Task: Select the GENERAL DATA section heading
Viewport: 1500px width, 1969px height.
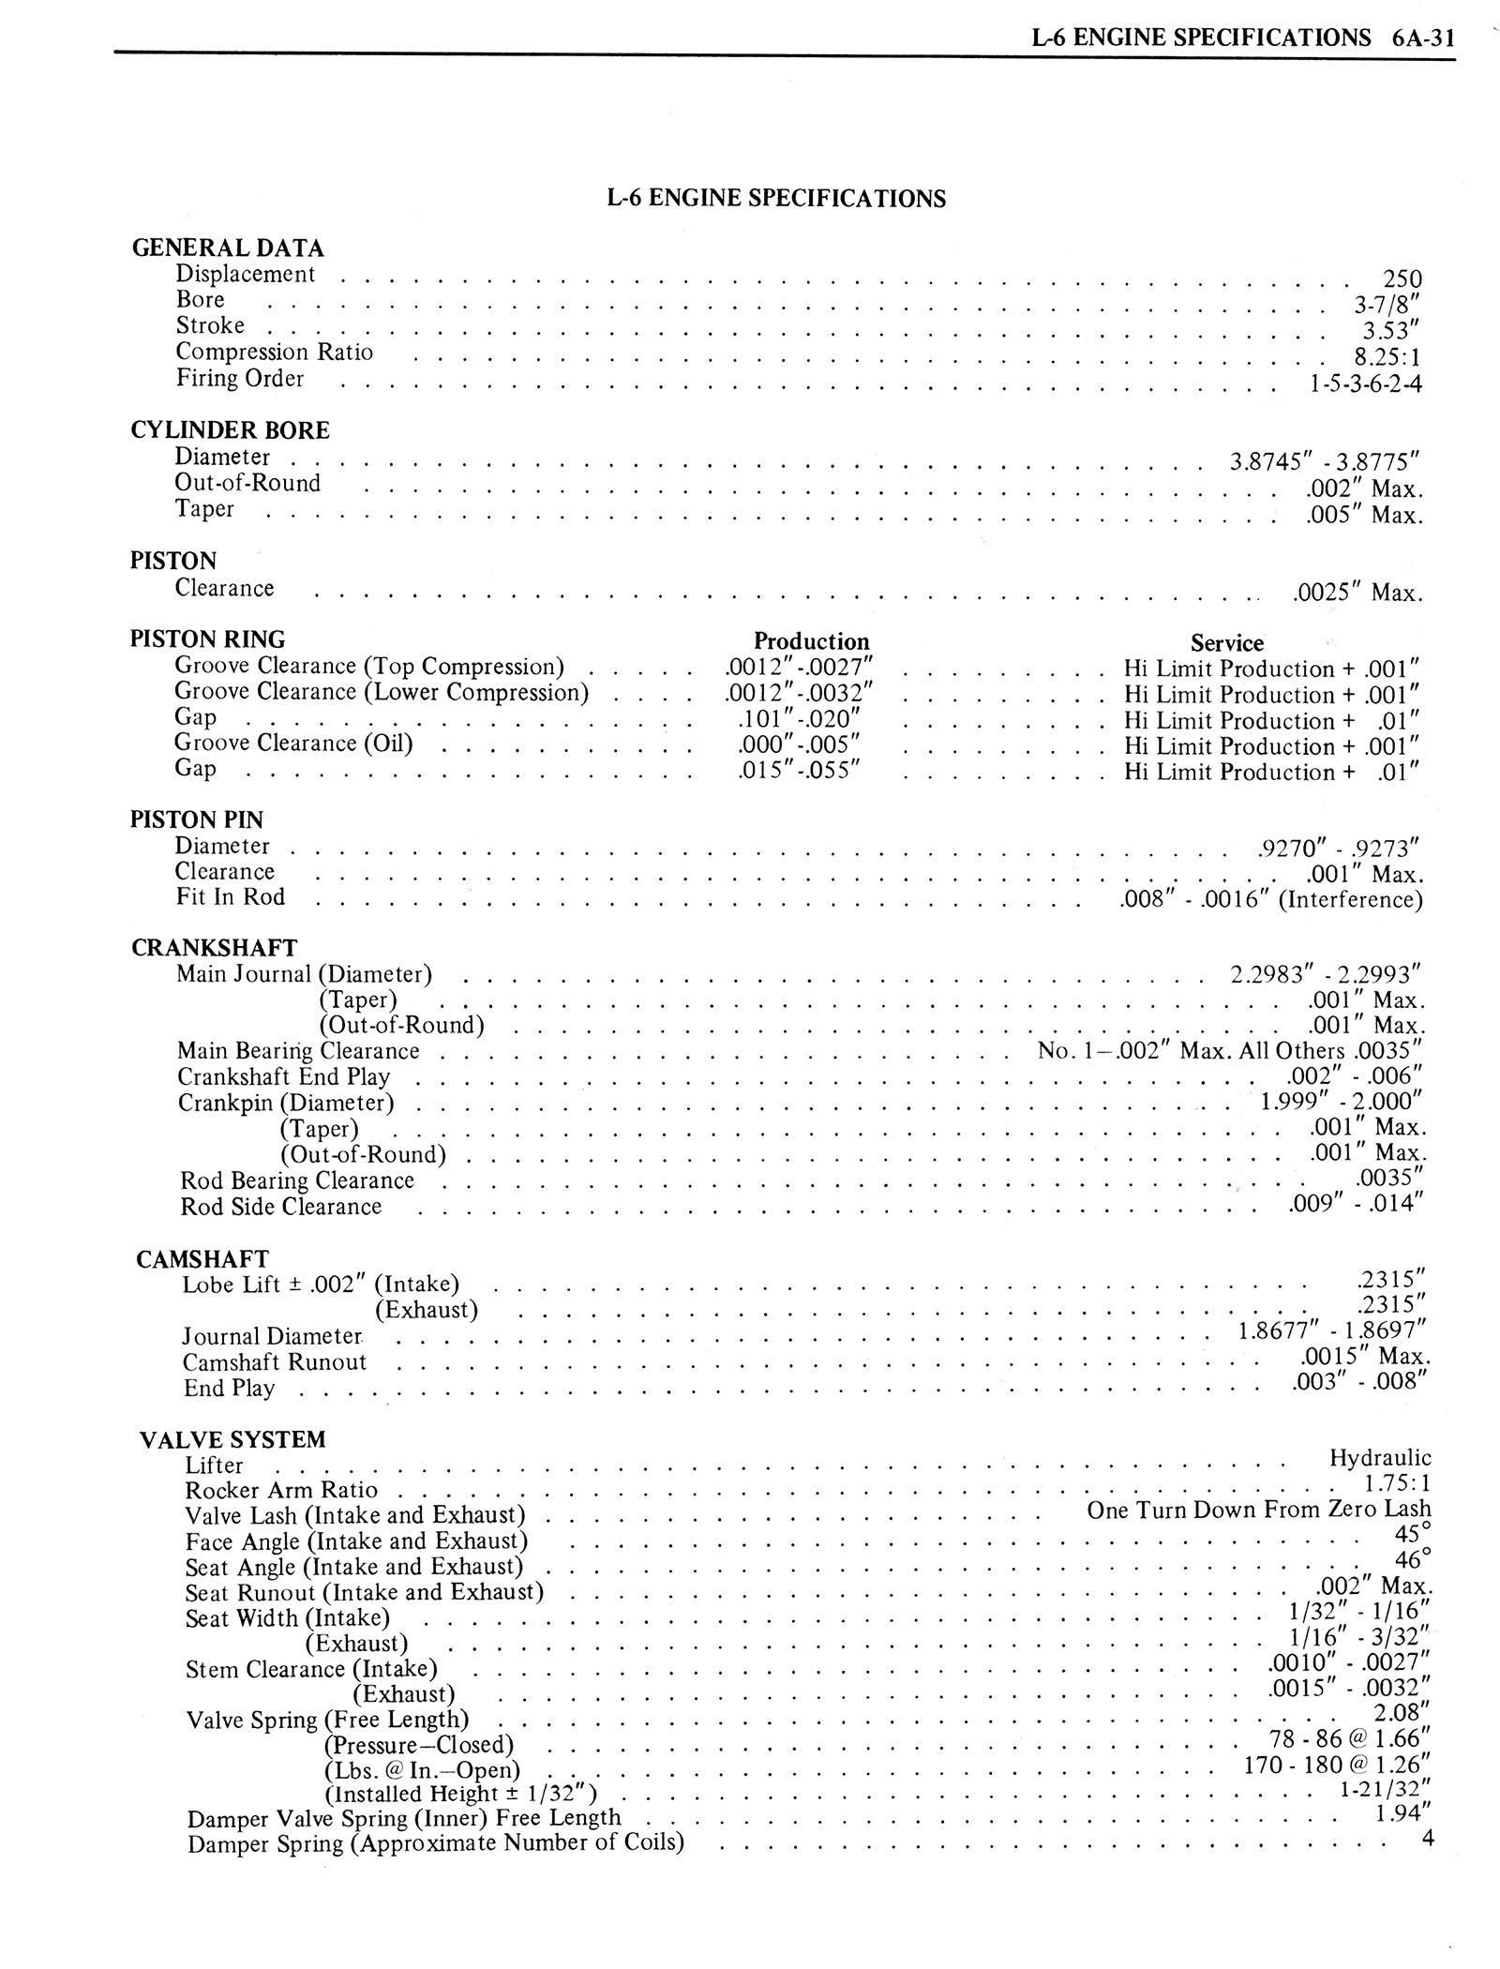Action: click(228, 248)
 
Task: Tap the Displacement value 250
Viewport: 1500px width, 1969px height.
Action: click(1402, 279)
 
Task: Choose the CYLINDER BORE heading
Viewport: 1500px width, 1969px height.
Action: click(230, 430)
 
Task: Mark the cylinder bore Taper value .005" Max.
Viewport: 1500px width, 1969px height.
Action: click(1364, 515)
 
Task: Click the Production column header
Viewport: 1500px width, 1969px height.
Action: click(811, 641)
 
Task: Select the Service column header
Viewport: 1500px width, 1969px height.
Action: click(1226, 642)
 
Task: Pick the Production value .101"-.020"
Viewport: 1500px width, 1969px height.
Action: click(792, 720)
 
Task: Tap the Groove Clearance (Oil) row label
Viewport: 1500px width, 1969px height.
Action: click(293, 743)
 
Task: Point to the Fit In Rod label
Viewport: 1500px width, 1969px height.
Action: click(230, 896)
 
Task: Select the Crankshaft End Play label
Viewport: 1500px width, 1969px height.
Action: click(283, 1076)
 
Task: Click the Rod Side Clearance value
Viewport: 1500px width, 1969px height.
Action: click(1356, 1203)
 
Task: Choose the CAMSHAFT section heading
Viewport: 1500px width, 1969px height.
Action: click(202, 1258)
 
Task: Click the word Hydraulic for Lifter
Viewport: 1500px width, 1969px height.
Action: click(1380, 1458)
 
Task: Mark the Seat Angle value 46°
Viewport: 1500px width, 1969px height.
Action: click(1413, 1560)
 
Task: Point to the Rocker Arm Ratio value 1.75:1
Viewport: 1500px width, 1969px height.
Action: click(1391, 1484)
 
